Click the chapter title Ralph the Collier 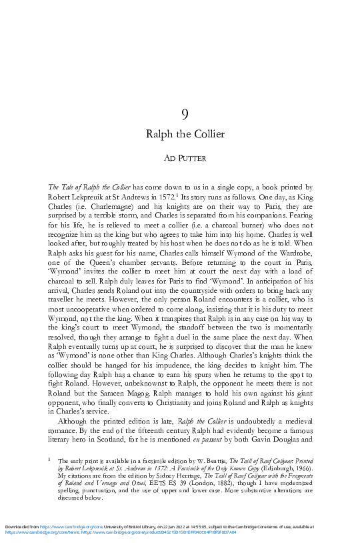[x=185, y=134]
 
